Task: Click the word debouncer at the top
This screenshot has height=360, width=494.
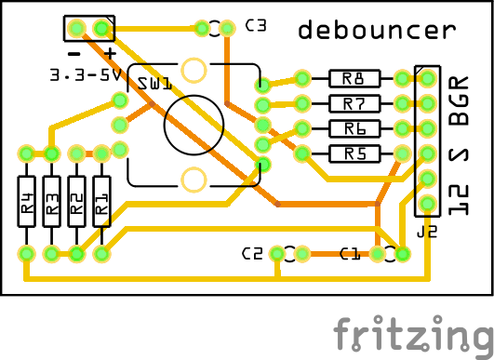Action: [377, 31]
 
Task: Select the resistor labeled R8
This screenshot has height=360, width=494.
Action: [354, 78]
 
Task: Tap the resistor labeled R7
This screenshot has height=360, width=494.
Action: [354, 103]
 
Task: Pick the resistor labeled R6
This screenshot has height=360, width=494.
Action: [354, 128]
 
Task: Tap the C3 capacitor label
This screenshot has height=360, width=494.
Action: [256, 26]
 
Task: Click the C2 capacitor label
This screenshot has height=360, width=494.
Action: [252, 253]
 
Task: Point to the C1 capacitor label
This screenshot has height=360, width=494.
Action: [350, 253]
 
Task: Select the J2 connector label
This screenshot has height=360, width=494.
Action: [427, 233]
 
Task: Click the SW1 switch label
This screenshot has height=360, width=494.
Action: [154, 84]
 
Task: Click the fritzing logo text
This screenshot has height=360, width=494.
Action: [414, 333]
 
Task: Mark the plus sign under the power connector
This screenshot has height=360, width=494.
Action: [110, 53]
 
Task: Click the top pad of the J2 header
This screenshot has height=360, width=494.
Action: [427, 78]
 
